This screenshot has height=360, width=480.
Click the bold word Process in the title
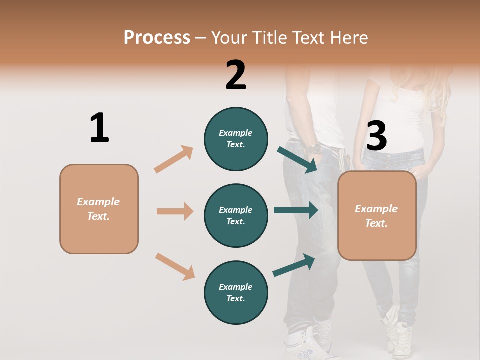pyautogui.click(x=157, y=37)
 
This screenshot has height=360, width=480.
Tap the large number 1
pyautogui.click(x=99, y=128)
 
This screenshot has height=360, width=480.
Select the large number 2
pyautogui.click(x=236, y=75)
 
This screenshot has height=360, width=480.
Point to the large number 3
pyautogui.click(x=376, y=136)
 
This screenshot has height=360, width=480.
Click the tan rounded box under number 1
pyautogui.click(x=99, y=209)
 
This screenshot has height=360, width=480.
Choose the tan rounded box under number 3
pyautogui.click(x=377, y=216)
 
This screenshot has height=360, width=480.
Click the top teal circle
pyautogui.click(x=236, y=139)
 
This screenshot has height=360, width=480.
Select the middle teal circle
pyautogui.click(x=236, y=216)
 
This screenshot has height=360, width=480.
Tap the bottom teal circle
pyautogui.click(x=236, y=293)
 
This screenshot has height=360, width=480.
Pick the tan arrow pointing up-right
pyautogui.click(x=174, y=159)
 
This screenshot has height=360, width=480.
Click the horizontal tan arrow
pyautogui.click(x=175, y=211)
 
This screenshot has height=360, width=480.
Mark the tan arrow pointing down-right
pyautogui.click(x=175, y=266)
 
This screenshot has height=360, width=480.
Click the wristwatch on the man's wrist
pyautogui.click(x=315, y=149)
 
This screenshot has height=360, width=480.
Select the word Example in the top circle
pyautogui.click(x=236, y=133)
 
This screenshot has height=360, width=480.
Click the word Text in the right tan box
pyautogui.click(x=376, y=223)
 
